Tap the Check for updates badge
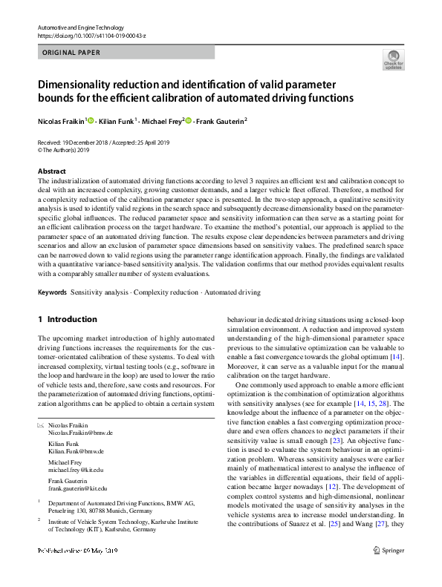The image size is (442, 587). (394, 60)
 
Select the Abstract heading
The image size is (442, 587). (51, 171)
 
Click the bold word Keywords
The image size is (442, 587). (52, 293)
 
